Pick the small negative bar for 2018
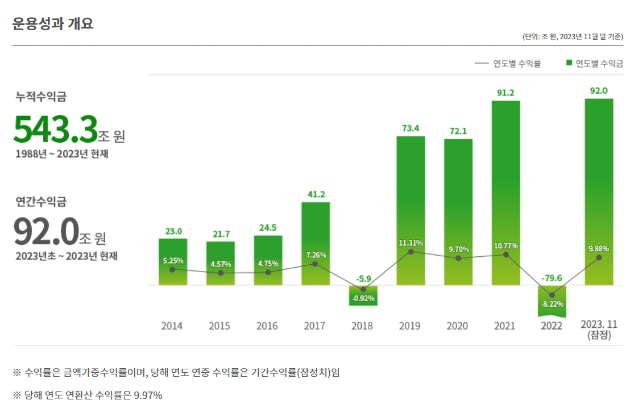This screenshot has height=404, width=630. pyautogui.click(x=363, y=295)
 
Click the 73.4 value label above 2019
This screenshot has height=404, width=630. pyautogui.click(x=410, y=128)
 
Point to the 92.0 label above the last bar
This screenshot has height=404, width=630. pyautogui.click(x=599, y=90)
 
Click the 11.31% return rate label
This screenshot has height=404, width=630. pyautogui.click(x=410, y=243)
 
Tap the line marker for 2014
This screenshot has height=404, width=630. pyautogui.click(x=172, y=269)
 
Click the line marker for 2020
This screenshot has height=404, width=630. pyautogui.click(x=458, y=259)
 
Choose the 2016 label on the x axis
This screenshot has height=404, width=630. pyautogui.click(x=267, y=326)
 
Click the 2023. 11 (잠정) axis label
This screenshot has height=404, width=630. pyautogui.click(x=599, y=330)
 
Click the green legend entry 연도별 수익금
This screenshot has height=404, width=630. pyautogui.click(x=594, y=64)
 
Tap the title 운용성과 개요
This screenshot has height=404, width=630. pyautogui.click(x=52, y=23)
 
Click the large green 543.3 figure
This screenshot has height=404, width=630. pyautogui.click(x=56, y=130)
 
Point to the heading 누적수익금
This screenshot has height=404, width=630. pyautogui.click(x=41, y=97)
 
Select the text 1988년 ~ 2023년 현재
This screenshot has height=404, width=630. pyautogui.click(x=62, y=154)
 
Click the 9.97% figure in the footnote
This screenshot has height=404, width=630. pyautogui.click(x=148, y=395)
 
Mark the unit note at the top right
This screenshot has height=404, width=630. pyautogui.click(x=573, y=37)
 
